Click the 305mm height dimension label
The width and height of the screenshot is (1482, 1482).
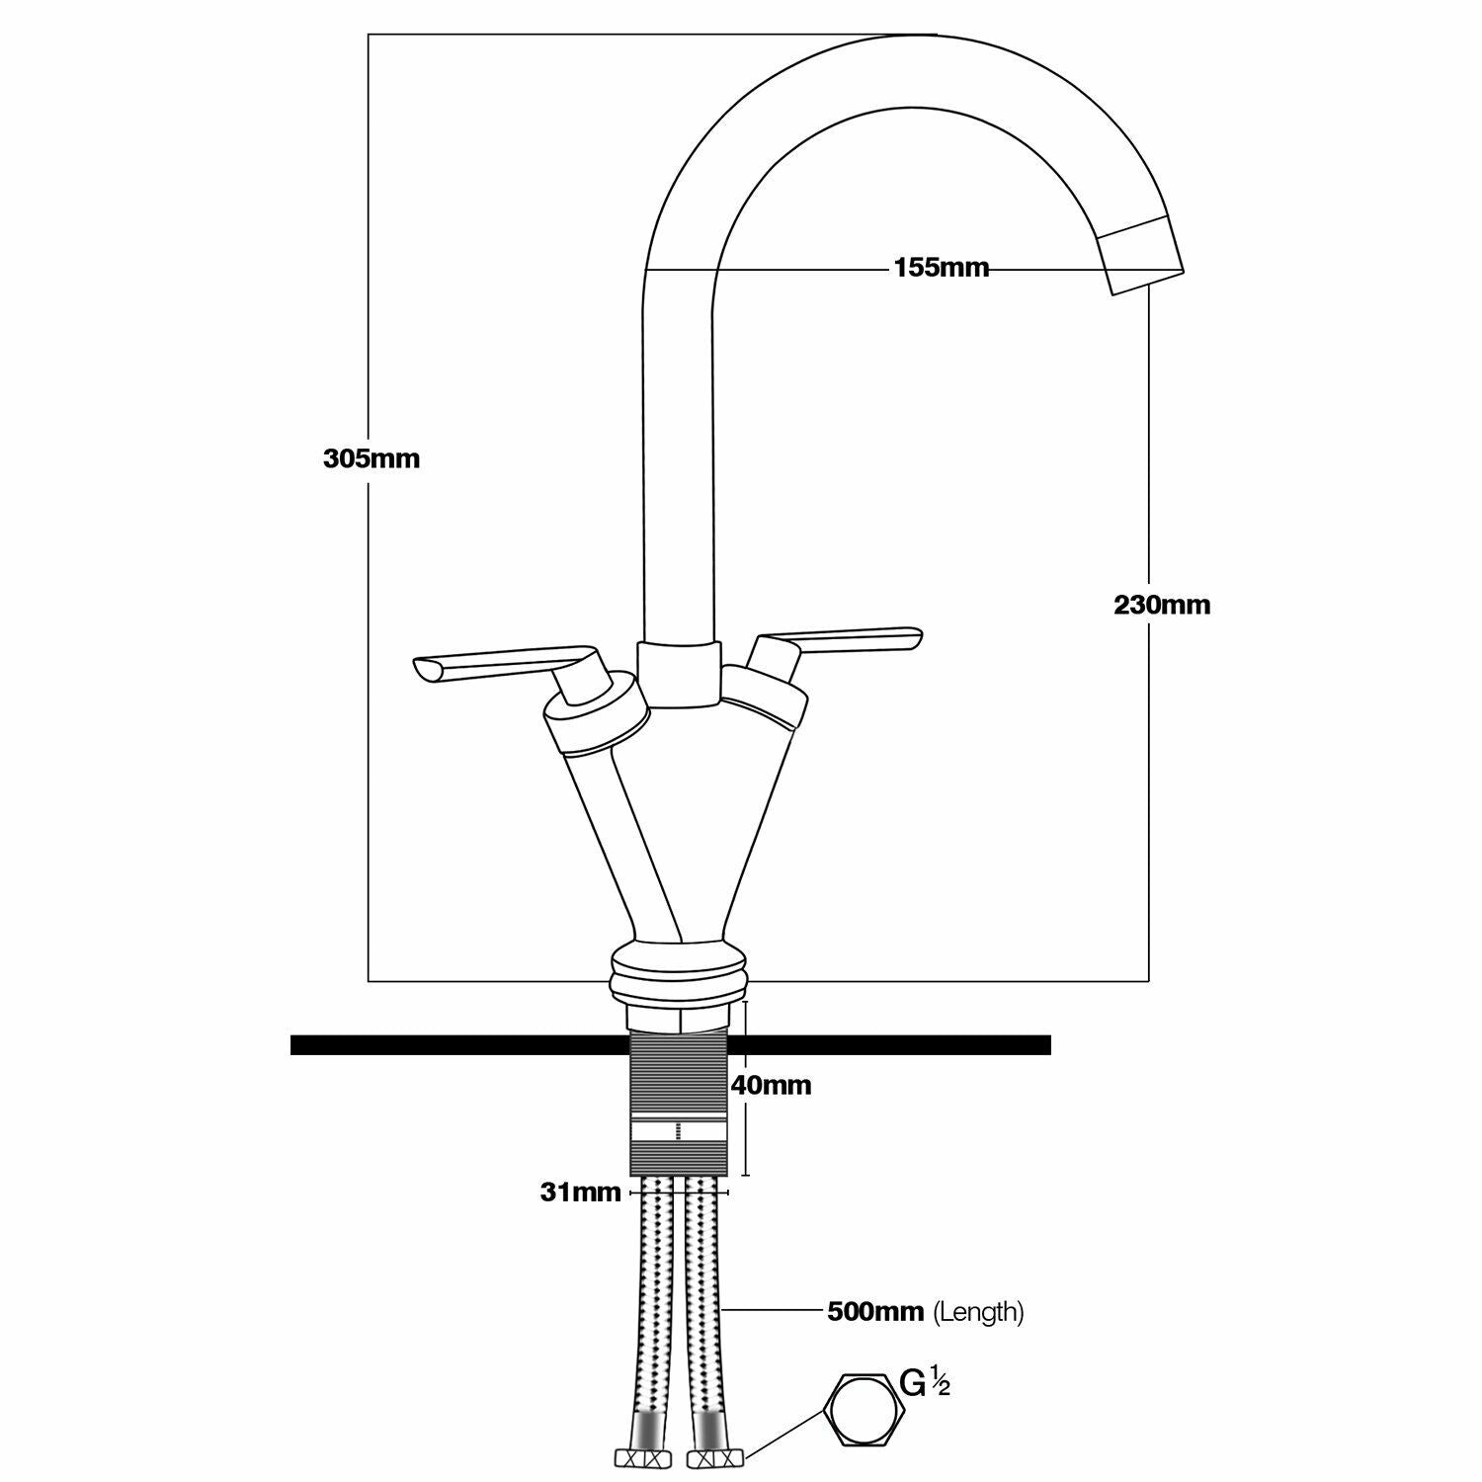(371, 458)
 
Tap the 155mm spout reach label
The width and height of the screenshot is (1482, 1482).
(941, 268)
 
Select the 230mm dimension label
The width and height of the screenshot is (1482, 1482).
(1162, 605)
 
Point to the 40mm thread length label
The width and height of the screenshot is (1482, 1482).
(771, 1085)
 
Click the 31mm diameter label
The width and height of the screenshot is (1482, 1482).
(580, 1193)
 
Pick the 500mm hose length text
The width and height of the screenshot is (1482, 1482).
(875, 1312)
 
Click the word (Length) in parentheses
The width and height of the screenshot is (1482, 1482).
(979, 1312)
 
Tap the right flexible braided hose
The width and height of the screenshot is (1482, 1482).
(703, 1304)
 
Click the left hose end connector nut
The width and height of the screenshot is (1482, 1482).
(639, 1457)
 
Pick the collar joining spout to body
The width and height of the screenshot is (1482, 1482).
(677, 674)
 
